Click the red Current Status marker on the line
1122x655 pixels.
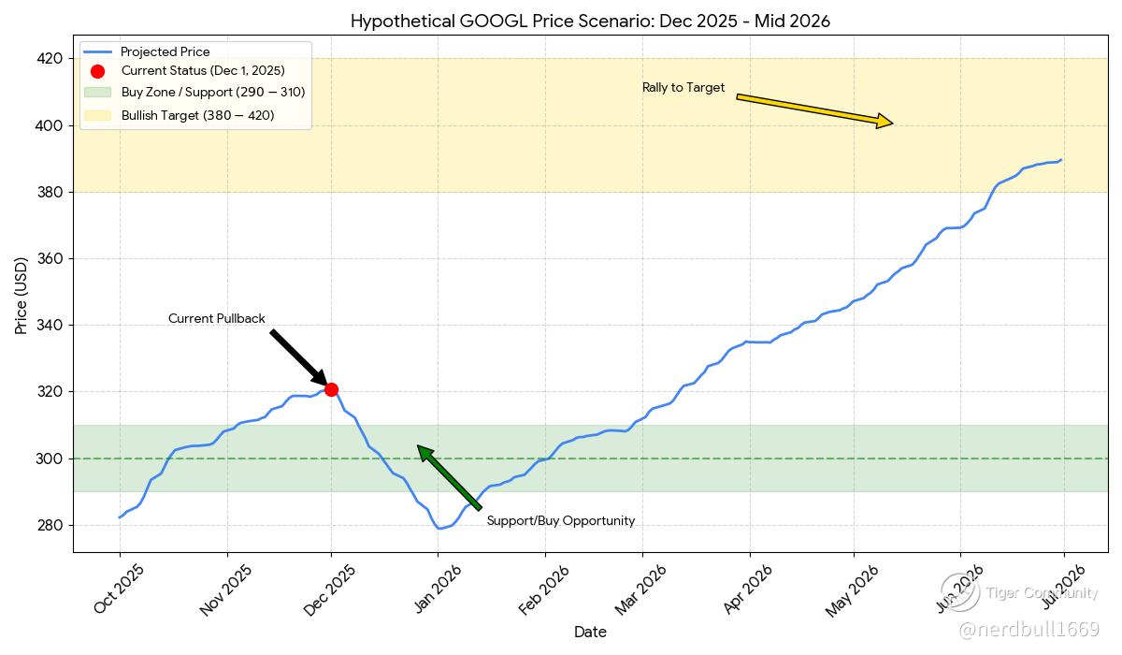click(x=331, y=389)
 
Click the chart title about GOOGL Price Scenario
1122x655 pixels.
click(x=590, y=21)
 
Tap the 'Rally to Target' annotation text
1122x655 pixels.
click(x=683, y=88)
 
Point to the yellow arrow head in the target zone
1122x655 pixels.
click(x=883, y=121)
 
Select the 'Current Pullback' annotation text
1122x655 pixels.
click(x=216, y=319)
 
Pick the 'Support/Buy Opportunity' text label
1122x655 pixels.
click(x=560, y=521)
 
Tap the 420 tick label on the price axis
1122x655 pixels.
click(x=50, y=59)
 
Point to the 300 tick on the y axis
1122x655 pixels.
click(x=50, y=458)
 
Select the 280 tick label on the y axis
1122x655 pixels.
click(x=50, y=525)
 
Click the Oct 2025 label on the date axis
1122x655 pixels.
click(x=118, y=589)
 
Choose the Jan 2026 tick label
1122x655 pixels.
click(x=436, y=589)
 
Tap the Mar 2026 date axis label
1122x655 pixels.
click(x=641, y=589)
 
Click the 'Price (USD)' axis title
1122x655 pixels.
click(x=22, y=296)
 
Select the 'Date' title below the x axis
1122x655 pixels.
click(x=590, y=633)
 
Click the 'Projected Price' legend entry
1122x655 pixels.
click(x=165, y=52)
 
